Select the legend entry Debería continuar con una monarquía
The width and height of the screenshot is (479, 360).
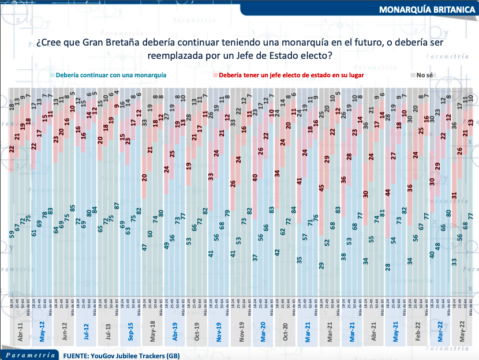point(109,76)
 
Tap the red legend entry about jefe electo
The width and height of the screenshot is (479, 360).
point(291,76)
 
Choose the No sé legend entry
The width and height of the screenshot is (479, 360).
point(424,76)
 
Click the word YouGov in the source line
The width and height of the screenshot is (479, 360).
point(108,355)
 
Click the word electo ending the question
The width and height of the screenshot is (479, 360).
point(317,57)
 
